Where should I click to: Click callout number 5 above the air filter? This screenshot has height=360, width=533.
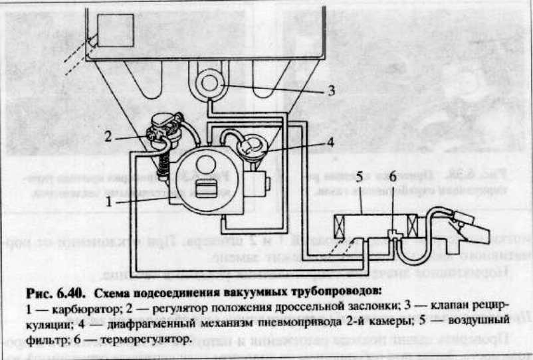(x=360, y=177)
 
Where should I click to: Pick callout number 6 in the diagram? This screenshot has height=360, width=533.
(x=393, y=177)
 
